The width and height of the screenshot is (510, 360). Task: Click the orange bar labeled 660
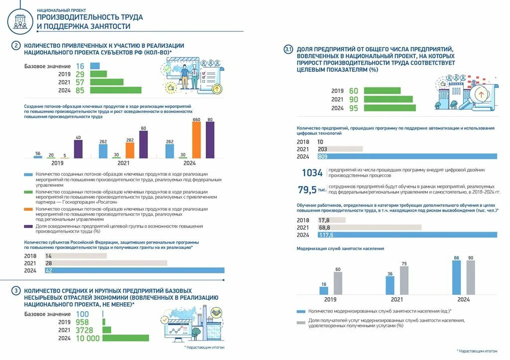196,140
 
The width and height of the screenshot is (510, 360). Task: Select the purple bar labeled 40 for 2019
78,149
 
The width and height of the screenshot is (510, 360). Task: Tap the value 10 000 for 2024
88,338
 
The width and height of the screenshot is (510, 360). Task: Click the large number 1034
312,173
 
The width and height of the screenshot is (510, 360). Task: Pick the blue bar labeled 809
407,156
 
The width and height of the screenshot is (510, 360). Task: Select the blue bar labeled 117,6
407,235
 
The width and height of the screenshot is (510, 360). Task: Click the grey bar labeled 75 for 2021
404,280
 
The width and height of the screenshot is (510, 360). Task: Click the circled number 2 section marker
16,46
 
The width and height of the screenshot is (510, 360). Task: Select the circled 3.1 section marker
288,49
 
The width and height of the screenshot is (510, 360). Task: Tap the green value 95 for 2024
354,108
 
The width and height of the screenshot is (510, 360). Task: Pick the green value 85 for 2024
80,91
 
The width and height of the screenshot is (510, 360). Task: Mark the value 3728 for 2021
86,330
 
